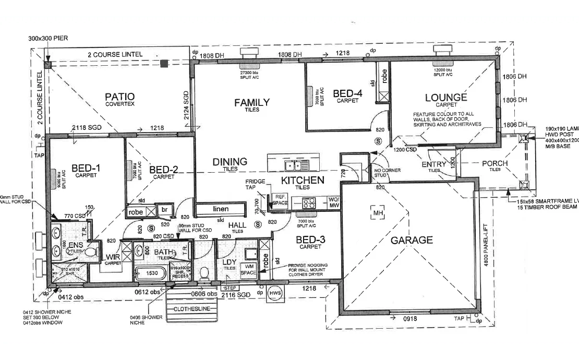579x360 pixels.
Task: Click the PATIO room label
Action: (x=119, y=97)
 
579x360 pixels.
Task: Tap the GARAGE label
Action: (x=412, y=240)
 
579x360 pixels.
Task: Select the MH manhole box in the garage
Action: (x=377, y=213)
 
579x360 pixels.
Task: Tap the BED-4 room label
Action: (x=347, y=94)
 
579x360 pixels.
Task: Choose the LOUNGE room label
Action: (x=445, y=98)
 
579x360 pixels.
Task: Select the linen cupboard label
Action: (x=221, y=209)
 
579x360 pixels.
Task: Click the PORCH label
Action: (x=494, y=163)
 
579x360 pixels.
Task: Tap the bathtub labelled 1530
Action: (x=151, y=272)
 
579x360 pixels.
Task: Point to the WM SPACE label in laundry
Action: (x=248, y=269)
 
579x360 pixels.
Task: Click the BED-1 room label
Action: (x=86, y=169)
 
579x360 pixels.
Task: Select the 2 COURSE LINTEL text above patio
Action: (x=115, y=54)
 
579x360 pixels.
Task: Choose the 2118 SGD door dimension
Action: (x=87, y=128)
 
